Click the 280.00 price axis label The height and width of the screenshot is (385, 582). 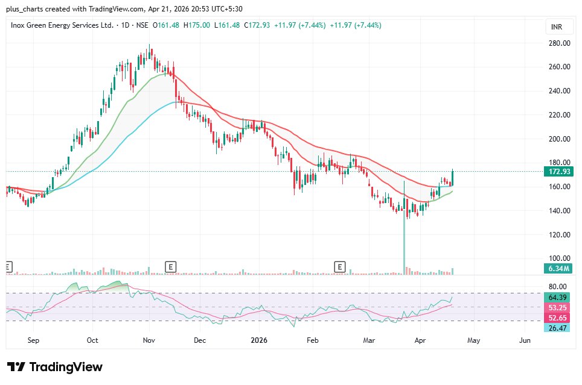pos(559,43)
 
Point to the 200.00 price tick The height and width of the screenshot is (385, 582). pos(559,139)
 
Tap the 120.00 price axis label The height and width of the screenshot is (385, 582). pos(559,235)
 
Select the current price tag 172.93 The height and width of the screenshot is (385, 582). pos(559,172)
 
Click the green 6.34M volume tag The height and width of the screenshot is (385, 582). pos(559,268)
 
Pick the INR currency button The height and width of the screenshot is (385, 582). pos(556,27)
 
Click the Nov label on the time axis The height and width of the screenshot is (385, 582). pos(149,340)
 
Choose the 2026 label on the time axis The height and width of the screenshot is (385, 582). pos(258,340)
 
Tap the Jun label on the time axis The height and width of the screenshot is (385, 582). pos(525,340)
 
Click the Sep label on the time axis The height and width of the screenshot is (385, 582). pos(33,340)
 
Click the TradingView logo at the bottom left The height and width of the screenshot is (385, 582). pos(55,367)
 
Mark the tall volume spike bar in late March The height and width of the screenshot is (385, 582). pos(403,241)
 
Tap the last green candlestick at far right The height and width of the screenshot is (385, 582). pos(452,178)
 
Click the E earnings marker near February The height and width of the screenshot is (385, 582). pos(341,266)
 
